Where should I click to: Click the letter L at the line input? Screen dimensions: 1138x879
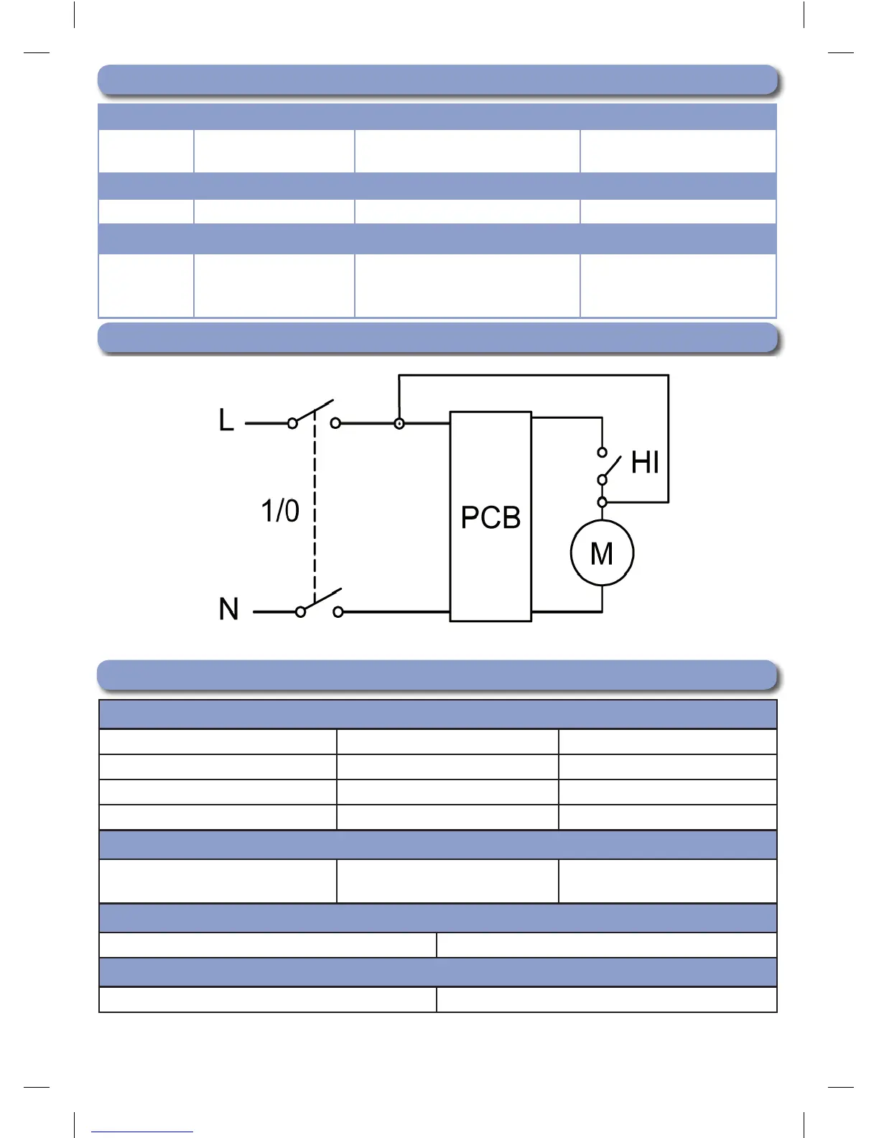(x=226, y=420)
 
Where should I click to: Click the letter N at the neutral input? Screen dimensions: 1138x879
(x=228, y=609)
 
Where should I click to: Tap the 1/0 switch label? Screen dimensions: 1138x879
(x=279, y=511)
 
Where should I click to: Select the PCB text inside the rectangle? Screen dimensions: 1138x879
(x=490, y=518)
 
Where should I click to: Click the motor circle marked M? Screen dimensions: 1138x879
(x=602, y=553)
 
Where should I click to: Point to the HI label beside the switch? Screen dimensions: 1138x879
(x=645, y=463)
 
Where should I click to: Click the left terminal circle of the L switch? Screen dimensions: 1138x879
(x=292, y=424)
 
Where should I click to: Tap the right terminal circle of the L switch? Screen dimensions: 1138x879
(x=335, y=424)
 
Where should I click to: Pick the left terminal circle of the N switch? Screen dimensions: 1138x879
(x=301, y=612)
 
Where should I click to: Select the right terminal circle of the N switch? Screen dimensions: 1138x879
(x=338, y=612)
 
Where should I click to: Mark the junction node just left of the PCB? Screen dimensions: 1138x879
(x=399, y=424)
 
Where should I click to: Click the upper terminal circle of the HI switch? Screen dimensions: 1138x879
(x=603, y=452)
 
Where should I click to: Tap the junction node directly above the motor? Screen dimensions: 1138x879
(x=603, y=502)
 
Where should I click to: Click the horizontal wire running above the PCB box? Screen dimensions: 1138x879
(x=533, y=375)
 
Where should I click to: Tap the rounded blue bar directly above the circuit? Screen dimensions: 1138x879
(x=437, y=338)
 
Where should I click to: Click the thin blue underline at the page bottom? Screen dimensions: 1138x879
(x=142, y=1132)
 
